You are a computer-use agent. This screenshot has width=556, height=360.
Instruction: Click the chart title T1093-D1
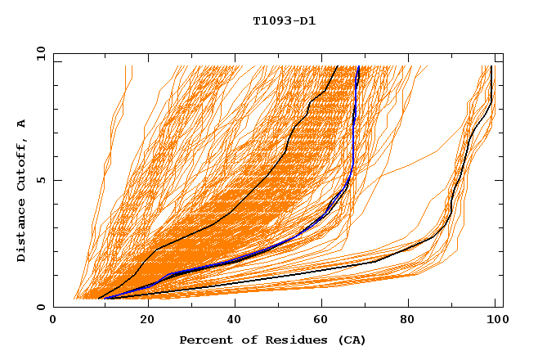tap(284, 20)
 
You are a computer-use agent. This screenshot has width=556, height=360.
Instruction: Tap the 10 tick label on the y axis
tap(38, 53)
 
